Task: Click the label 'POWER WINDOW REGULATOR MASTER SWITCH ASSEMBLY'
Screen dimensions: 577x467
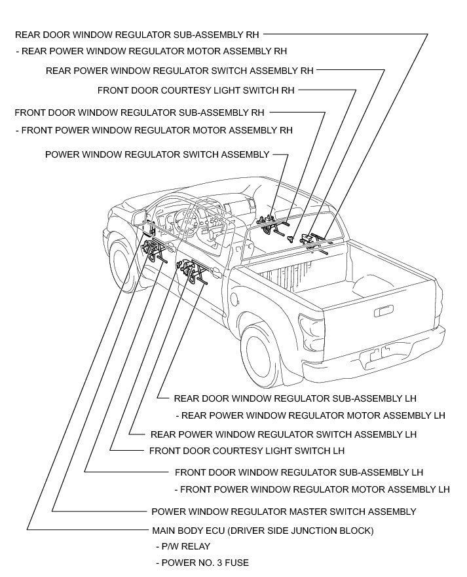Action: click(283, 512)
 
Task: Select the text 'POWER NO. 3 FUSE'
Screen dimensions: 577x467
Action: click(202, 563)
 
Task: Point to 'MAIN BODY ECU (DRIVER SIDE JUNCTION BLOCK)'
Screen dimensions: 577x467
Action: click(262, 530)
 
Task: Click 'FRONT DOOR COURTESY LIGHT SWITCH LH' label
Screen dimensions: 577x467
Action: click(246, 451)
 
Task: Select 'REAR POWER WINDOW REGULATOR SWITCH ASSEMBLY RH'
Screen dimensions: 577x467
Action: click(179, 70)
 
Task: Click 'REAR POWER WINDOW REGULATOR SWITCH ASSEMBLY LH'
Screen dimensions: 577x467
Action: click(283, 434)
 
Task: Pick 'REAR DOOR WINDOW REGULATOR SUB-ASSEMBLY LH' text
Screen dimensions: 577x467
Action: click(295, 398)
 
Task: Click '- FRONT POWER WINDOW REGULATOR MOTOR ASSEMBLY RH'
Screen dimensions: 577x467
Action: click(154, 130)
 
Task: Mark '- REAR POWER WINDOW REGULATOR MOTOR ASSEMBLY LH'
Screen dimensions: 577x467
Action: click(310, 415)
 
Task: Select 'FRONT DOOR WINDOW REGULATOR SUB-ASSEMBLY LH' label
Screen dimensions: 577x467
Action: click(299, 472)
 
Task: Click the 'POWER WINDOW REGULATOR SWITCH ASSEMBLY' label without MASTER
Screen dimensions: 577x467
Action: click(157, 155)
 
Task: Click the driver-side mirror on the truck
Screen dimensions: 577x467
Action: click(140, 218)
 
